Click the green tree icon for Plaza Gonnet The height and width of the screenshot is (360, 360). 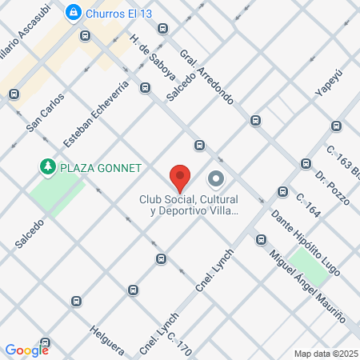(47, 167)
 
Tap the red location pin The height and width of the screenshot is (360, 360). (180, 177)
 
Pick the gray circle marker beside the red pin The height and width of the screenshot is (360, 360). (215, 178)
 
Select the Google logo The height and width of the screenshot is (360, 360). (27, 350)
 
